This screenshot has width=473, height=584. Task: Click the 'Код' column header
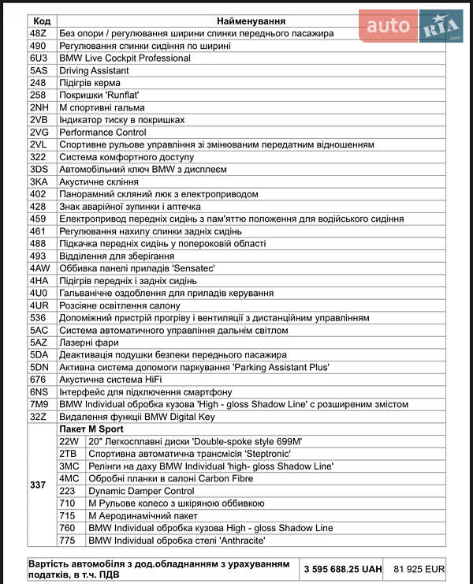pyautogui.click(x=43, y=21)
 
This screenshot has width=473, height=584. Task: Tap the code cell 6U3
pyautogui.click(x=39, y=58)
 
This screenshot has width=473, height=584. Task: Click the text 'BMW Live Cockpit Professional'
pyautogui.click(x=125, y=58)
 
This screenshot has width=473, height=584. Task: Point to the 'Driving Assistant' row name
pyautogui.click(x=94, y=71)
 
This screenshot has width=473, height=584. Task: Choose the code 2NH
pyautogui.click(x=39, y=108)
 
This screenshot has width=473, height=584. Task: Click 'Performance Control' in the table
pyautogui.click(x=102, y=133)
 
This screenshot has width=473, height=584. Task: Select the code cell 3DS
pyautogui.click(x=39, y=170)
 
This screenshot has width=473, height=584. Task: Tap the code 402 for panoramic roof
pyautogui.click(x=38, y=194)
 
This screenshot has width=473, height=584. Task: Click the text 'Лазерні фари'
pyautogui.click(x=88, y=343)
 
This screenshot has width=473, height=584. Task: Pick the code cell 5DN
pyautogui.click(x=39, y=367)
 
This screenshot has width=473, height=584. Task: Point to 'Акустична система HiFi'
pyautogui.click(x=111, y=380)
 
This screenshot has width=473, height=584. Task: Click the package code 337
pyautogui.click(x=38, y=485)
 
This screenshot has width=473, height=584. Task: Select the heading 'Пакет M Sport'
pyautogui.click(x=91, y=429)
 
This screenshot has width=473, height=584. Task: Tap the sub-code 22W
pyautogui.click(x=69, y=441)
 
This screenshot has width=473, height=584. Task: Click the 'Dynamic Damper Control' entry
pyautogui.click(x=141, y=491)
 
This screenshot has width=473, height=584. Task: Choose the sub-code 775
pyautogui.click(x=67, y=541)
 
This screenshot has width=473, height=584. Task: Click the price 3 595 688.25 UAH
pyautogui.click(x=343, y=568)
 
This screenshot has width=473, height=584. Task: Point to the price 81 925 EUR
pyautogui.click(x=419, y=568)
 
